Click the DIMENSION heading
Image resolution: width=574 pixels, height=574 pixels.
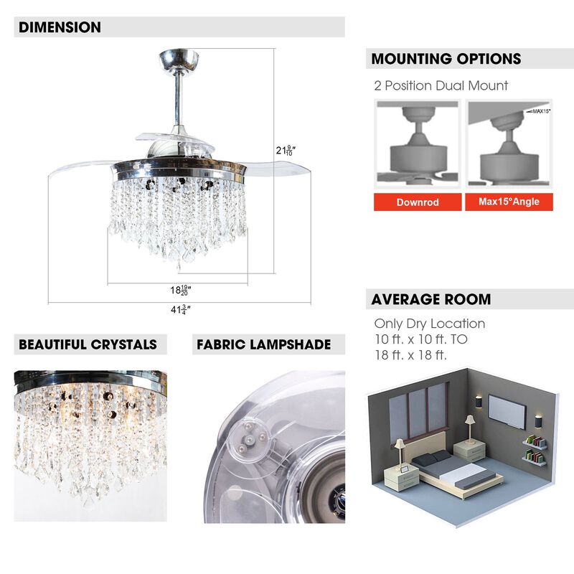pyautogui.click(x=60, y=27)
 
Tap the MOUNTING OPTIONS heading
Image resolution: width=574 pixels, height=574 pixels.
pyautogui.click(x=446, y=59)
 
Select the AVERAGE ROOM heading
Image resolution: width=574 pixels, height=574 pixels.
pyautogui.click(x=430, y=299)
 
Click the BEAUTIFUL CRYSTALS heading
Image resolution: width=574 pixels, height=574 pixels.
pyautogui.click(x=88, y=344)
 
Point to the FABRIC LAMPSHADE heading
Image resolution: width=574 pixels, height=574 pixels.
pyautogui.click(x=263, y=344)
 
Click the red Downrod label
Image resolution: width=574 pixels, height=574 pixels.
pyautogui.click(x=417, y=202)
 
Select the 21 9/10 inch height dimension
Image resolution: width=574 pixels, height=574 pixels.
pyautogui.click(x=289, y=151)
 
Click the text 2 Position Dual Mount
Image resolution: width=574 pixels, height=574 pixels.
pyautogui.click(x=441, y=86)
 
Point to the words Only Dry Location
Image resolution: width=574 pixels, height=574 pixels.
pyautogui.click(x=429, y=324)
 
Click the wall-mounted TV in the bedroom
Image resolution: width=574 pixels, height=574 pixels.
pyautogui.click(x=507, y=410)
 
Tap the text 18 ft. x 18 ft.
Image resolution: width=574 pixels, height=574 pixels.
pyautogui.click(x=410, y=354)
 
